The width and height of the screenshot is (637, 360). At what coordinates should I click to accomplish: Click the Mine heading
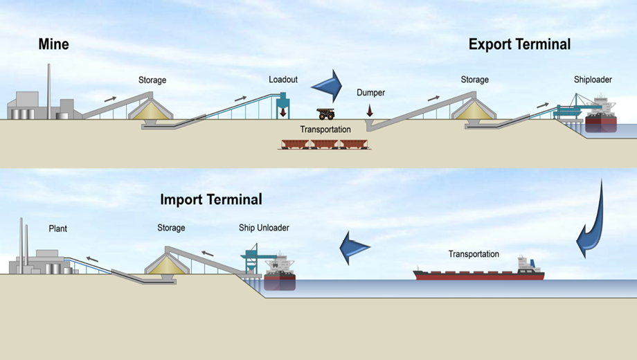point(53,45)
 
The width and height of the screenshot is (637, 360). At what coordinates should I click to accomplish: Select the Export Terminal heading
point(519,44)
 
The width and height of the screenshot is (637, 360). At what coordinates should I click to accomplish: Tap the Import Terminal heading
point(211,200)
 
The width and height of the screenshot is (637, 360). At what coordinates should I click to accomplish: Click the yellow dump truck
point(326,114)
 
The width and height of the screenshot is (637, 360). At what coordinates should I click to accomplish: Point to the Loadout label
point(283,80)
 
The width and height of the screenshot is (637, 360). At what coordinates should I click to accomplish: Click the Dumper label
point(370,92)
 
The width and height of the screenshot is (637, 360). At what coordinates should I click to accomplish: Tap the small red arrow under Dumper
point(370,109)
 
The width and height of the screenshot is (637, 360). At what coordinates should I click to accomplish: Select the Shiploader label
point(593,80)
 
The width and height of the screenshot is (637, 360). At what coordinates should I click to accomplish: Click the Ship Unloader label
point(263,228)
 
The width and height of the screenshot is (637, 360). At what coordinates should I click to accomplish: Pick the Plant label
point(58,228)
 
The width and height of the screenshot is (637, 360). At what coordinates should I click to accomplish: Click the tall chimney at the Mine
point(48,83)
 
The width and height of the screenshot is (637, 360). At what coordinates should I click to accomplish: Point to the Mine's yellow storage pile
point(153,108)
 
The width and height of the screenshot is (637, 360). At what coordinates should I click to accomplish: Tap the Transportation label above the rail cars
point(325,129)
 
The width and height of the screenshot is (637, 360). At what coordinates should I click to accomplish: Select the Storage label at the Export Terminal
point(474,80)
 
